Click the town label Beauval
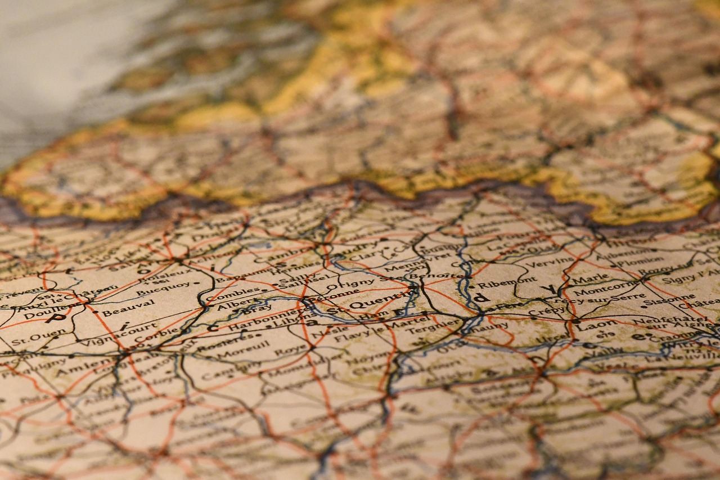point(128,307)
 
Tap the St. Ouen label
point(31,339)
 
